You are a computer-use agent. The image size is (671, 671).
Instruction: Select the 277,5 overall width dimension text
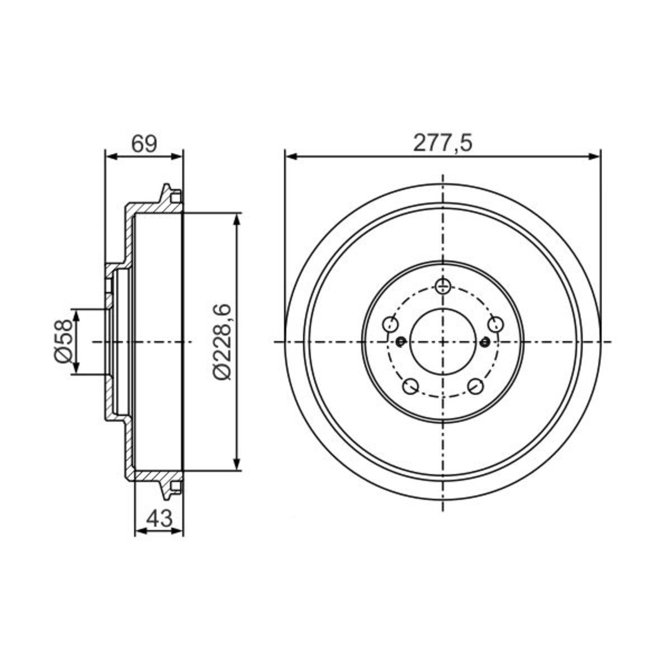[x=442, y=143]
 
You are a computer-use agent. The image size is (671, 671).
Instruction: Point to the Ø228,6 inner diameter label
[x=222, y=342]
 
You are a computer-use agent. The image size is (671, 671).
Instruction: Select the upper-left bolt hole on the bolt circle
[x=390, y=324]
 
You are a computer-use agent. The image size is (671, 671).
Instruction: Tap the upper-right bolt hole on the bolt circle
[x=496, y=324]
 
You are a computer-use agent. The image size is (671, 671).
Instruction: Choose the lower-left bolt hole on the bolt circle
[x=410, y=386]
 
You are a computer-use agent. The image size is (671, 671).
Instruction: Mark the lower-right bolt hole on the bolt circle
[x=476, y=386]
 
